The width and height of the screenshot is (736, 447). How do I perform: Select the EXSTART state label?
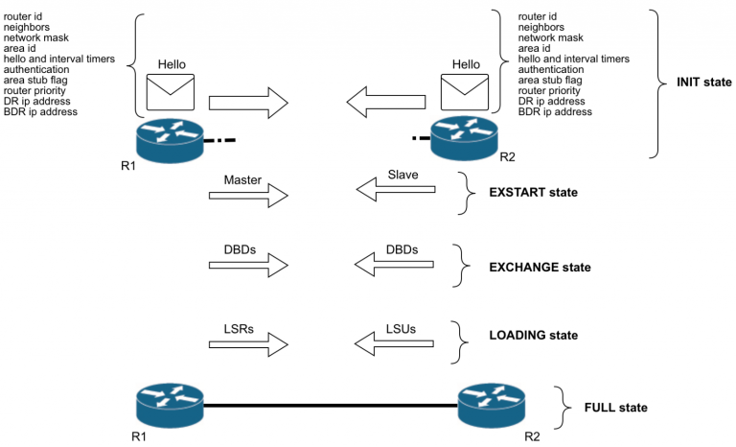click(x=533, y=193)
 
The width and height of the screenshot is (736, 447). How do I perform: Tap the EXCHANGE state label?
click(x=539, y=267)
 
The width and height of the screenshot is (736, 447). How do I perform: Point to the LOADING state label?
click(x=534, y=336)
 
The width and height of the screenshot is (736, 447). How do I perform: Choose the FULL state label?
click(x=616, y=408)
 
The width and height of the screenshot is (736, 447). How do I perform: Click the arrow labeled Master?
click(x=248, y=196)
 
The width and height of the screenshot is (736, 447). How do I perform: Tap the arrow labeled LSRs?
click(x=248, y=341)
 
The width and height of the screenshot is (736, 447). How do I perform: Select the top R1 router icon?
click(x=170, y=141)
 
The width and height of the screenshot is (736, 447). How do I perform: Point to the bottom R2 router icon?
click(x=491, y=406)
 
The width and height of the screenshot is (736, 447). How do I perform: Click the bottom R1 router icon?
click(x=170, y=406)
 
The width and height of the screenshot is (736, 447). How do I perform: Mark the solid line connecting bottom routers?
click(x=331, y=406)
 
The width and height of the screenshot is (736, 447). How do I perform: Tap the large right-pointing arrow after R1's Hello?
click(x=248, y=100)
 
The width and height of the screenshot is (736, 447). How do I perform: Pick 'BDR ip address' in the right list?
click(x=555, y=111)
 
